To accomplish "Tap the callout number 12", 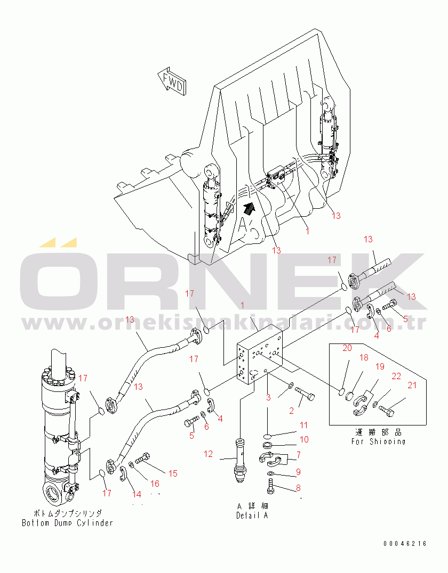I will pos(208,454).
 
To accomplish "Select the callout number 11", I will pos(303,425).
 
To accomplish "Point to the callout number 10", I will pos(303,439).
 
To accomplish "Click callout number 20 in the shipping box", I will pos(347,348).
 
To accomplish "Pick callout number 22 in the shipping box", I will pos(396,376).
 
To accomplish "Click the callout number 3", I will pos(268,397).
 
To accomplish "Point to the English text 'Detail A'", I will pos(252,515).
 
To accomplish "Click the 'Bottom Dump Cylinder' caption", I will pos(67,522).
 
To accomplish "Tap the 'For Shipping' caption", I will pos(378,441).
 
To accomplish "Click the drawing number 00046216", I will pos(405,544).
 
